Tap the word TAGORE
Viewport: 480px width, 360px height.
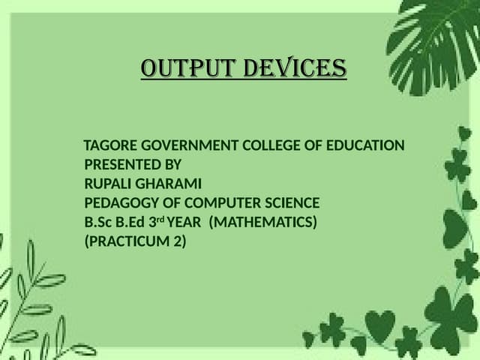click(x=106, y=145)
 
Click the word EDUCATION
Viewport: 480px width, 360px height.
click(x=364, y=145)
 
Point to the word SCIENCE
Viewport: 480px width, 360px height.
click(x=288, y=203)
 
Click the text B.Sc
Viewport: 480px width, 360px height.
click(x=98, y=223)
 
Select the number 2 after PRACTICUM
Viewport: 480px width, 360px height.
click(x=180, y=242)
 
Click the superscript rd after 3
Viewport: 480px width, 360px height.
click(x=159, y=219)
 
